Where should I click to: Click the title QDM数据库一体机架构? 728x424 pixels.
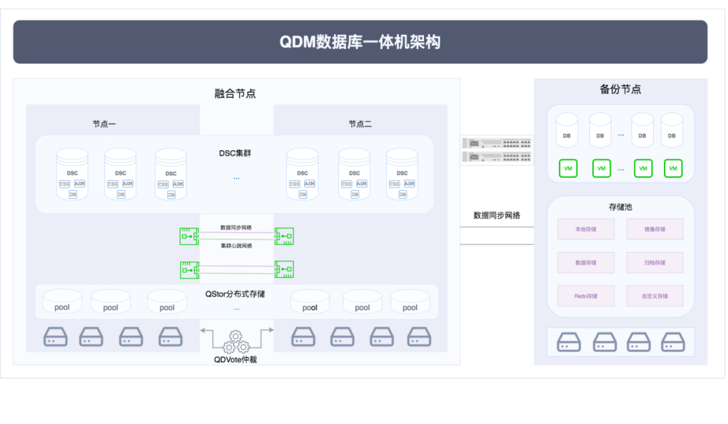click(360, 42)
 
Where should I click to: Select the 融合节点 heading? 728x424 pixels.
click(235, 94)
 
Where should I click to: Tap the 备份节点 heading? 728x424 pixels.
click(620, 89)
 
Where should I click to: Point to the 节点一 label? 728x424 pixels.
click(104, 124)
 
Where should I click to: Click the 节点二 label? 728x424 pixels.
click(360, 124)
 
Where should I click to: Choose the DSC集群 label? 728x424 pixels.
click(235, 153)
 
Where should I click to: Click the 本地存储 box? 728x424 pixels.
click(585, 229)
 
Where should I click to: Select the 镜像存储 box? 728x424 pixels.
click(655, 229)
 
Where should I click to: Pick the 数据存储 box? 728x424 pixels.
click(585, 262)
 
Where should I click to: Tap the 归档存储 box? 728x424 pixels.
click(655, 262)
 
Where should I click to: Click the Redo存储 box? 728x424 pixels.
click(585, 296)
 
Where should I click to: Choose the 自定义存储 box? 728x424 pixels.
click(655, 296)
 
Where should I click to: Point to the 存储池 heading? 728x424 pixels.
click(620, 206)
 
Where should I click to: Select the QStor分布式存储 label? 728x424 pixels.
click(235, 294)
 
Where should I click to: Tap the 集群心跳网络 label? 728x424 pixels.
click(236, 246)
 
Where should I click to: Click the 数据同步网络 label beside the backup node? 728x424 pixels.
click(497, 216)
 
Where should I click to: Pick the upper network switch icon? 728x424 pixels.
click(497, 143)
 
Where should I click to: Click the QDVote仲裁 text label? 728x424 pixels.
click(235, 359)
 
